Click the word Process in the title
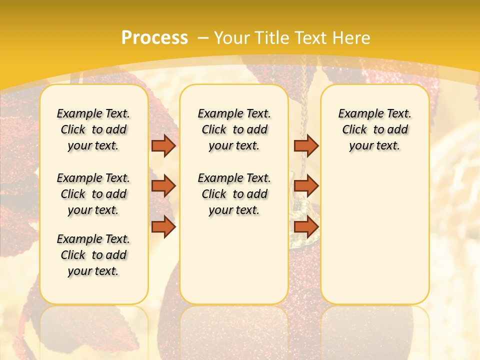[154, 37]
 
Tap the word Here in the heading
[353, 38]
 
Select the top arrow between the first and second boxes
[163, 145]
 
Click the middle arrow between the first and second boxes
[163, 186]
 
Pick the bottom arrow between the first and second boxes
[163, 227]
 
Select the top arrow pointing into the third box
[306, 145]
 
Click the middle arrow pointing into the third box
[306, 186]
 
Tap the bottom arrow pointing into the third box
[306, 227]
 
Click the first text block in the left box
[93, 129]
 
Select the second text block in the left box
[93, 194]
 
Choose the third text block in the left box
[93, 255]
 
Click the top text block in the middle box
[234, 129]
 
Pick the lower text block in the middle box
[234, 194]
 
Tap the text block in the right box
[374, 129]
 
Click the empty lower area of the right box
[374, 240]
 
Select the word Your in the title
[230, 38]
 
